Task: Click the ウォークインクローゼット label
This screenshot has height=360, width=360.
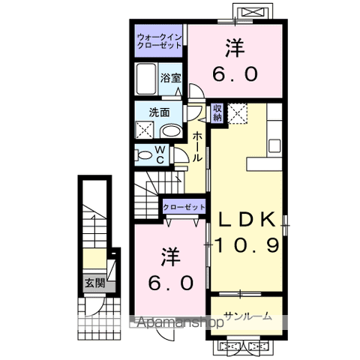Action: click(159, 41)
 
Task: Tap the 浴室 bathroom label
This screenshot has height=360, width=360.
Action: click(170, 78)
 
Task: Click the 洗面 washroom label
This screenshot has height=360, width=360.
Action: click(159, 112)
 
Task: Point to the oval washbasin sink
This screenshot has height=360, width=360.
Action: click(170, 130)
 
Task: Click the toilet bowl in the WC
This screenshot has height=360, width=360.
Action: click(142, 155)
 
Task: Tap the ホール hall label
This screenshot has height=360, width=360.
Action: click(197, 147)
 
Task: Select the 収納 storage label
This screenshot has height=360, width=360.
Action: click(217, 112)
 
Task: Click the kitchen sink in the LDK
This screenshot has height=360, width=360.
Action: click(274, 145)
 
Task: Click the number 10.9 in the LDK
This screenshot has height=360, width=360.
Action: click(247, 245)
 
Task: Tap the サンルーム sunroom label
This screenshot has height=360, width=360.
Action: click(247, 316)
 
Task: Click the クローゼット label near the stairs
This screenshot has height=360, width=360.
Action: click(184, 207)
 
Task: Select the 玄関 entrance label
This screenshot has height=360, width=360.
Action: click(94, 283)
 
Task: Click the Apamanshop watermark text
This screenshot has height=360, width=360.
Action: click(180, 322)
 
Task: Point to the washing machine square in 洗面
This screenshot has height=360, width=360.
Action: click(144, 130)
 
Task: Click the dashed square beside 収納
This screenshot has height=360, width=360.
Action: click(238, 113)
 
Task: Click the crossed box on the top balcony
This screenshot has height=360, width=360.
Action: click(253, 12)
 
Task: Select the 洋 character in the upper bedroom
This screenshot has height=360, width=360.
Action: click(235, 48)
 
